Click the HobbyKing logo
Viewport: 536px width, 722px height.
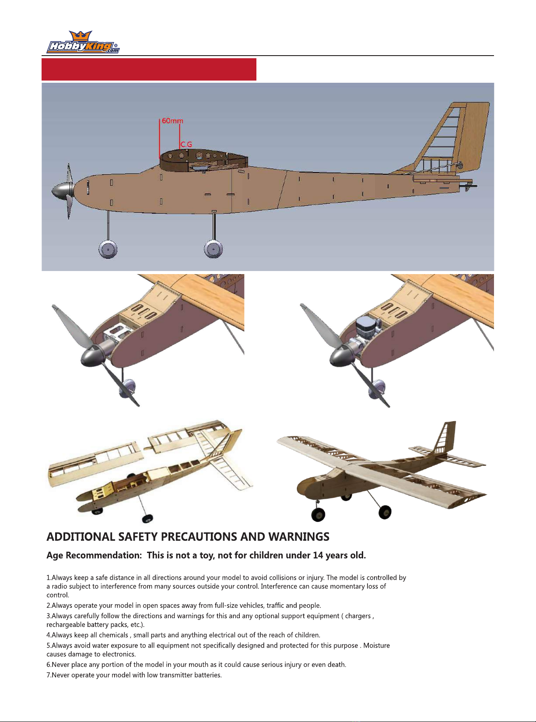[83, 43]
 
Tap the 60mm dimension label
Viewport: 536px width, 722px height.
[172, 121]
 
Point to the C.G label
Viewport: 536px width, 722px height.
[186, 144]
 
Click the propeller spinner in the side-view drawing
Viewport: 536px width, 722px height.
[61, 191]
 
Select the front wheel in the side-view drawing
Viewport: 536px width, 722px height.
[108, 250]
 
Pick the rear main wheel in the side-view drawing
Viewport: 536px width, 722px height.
[214, 250]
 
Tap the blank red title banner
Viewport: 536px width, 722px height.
[149, 69]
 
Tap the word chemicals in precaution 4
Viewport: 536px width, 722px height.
[113, 635]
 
